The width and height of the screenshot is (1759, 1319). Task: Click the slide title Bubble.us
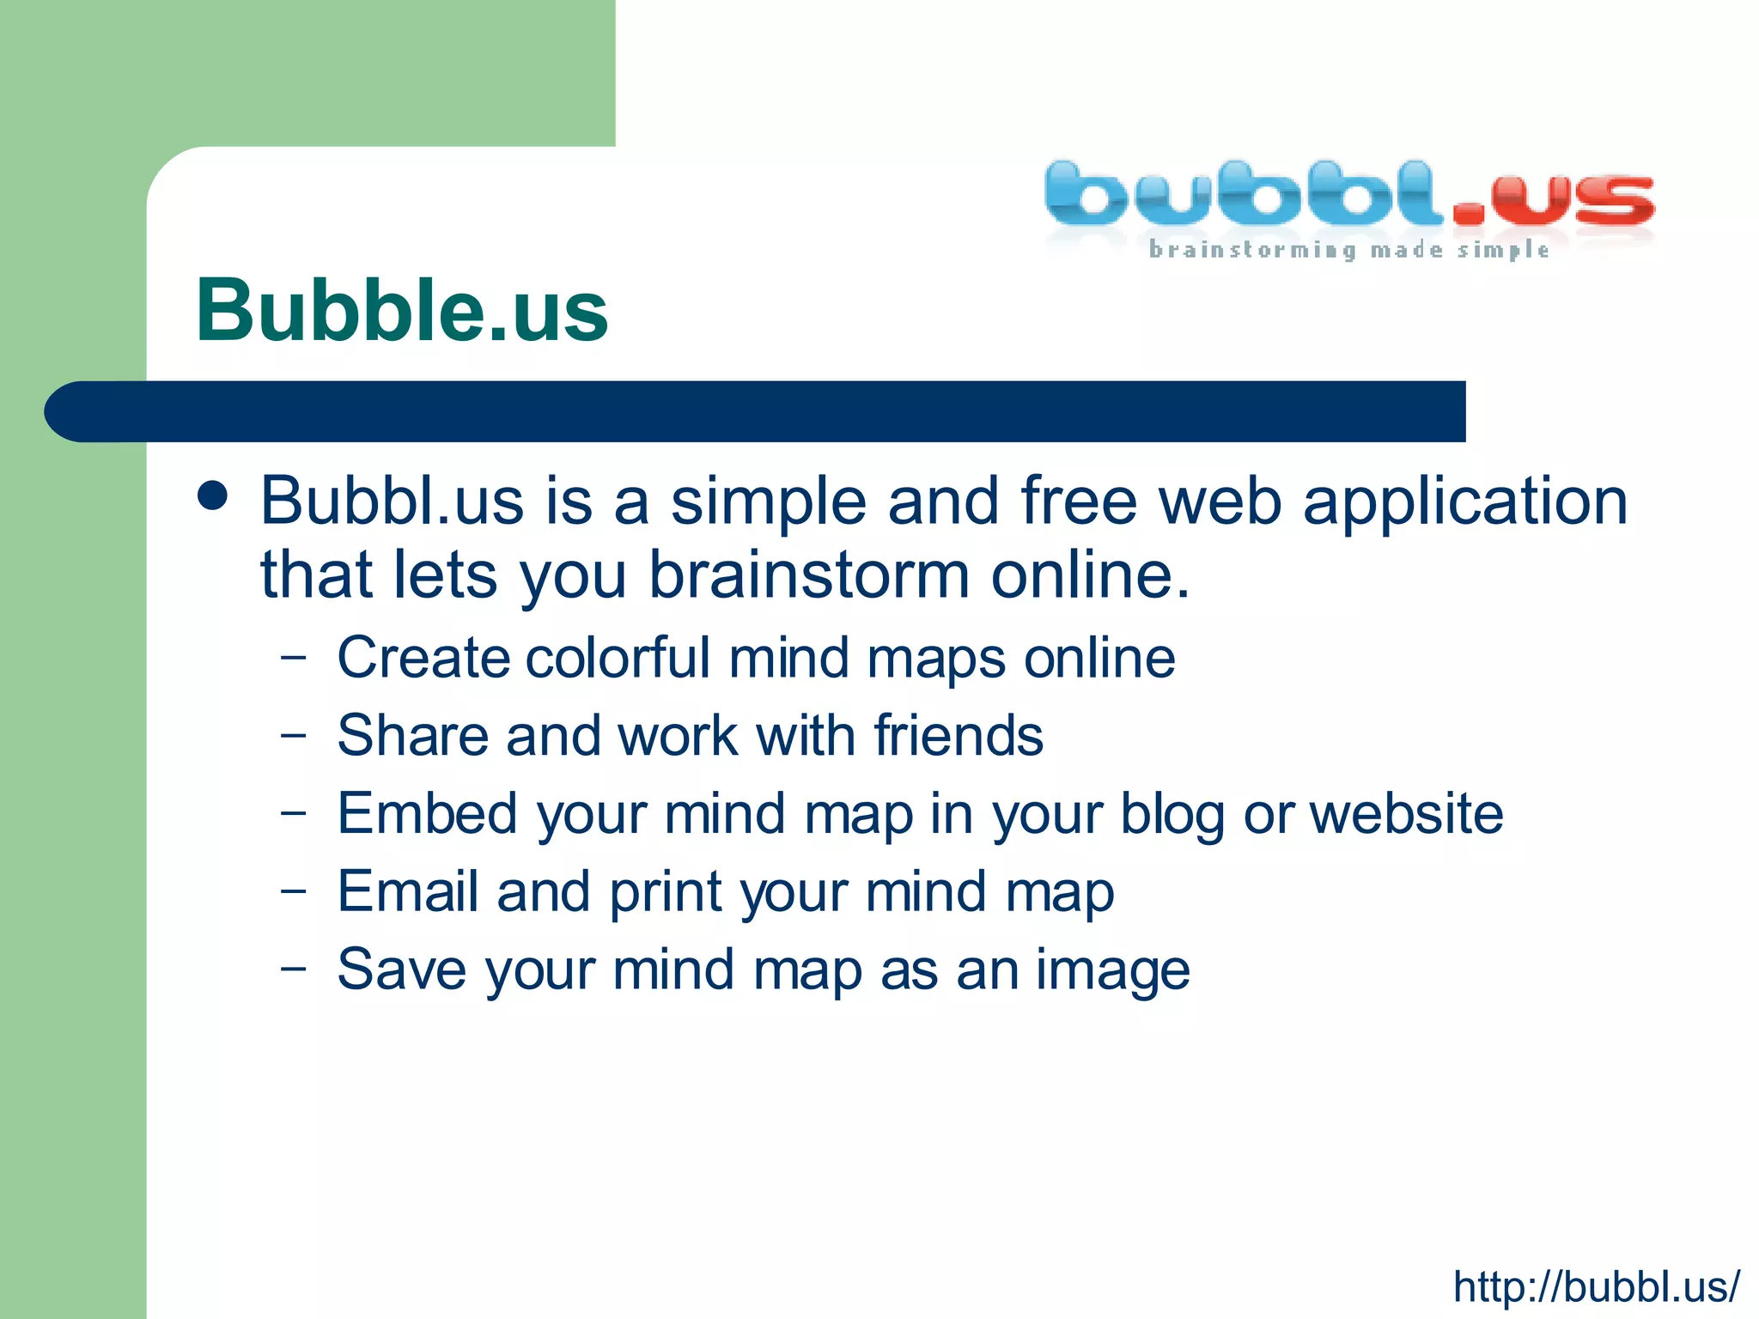(402, 311)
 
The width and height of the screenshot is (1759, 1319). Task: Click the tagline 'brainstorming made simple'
(1348, 250)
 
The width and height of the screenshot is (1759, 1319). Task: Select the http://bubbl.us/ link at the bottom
(1596, 1286)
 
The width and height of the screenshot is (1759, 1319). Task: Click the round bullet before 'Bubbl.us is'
(212, 495)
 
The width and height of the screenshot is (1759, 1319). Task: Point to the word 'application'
(1464, 501)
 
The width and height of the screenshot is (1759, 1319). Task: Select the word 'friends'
(959, 736)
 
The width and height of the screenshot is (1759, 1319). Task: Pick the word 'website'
(1406, 813)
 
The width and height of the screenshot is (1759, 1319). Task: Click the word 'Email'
(407, 891)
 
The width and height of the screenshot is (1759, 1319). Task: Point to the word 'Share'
(411, 736)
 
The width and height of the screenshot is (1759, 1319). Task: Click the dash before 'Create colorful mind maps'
(293, 659)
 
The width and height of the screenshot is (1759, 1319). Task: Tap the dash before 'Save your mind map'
(293, 968)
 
